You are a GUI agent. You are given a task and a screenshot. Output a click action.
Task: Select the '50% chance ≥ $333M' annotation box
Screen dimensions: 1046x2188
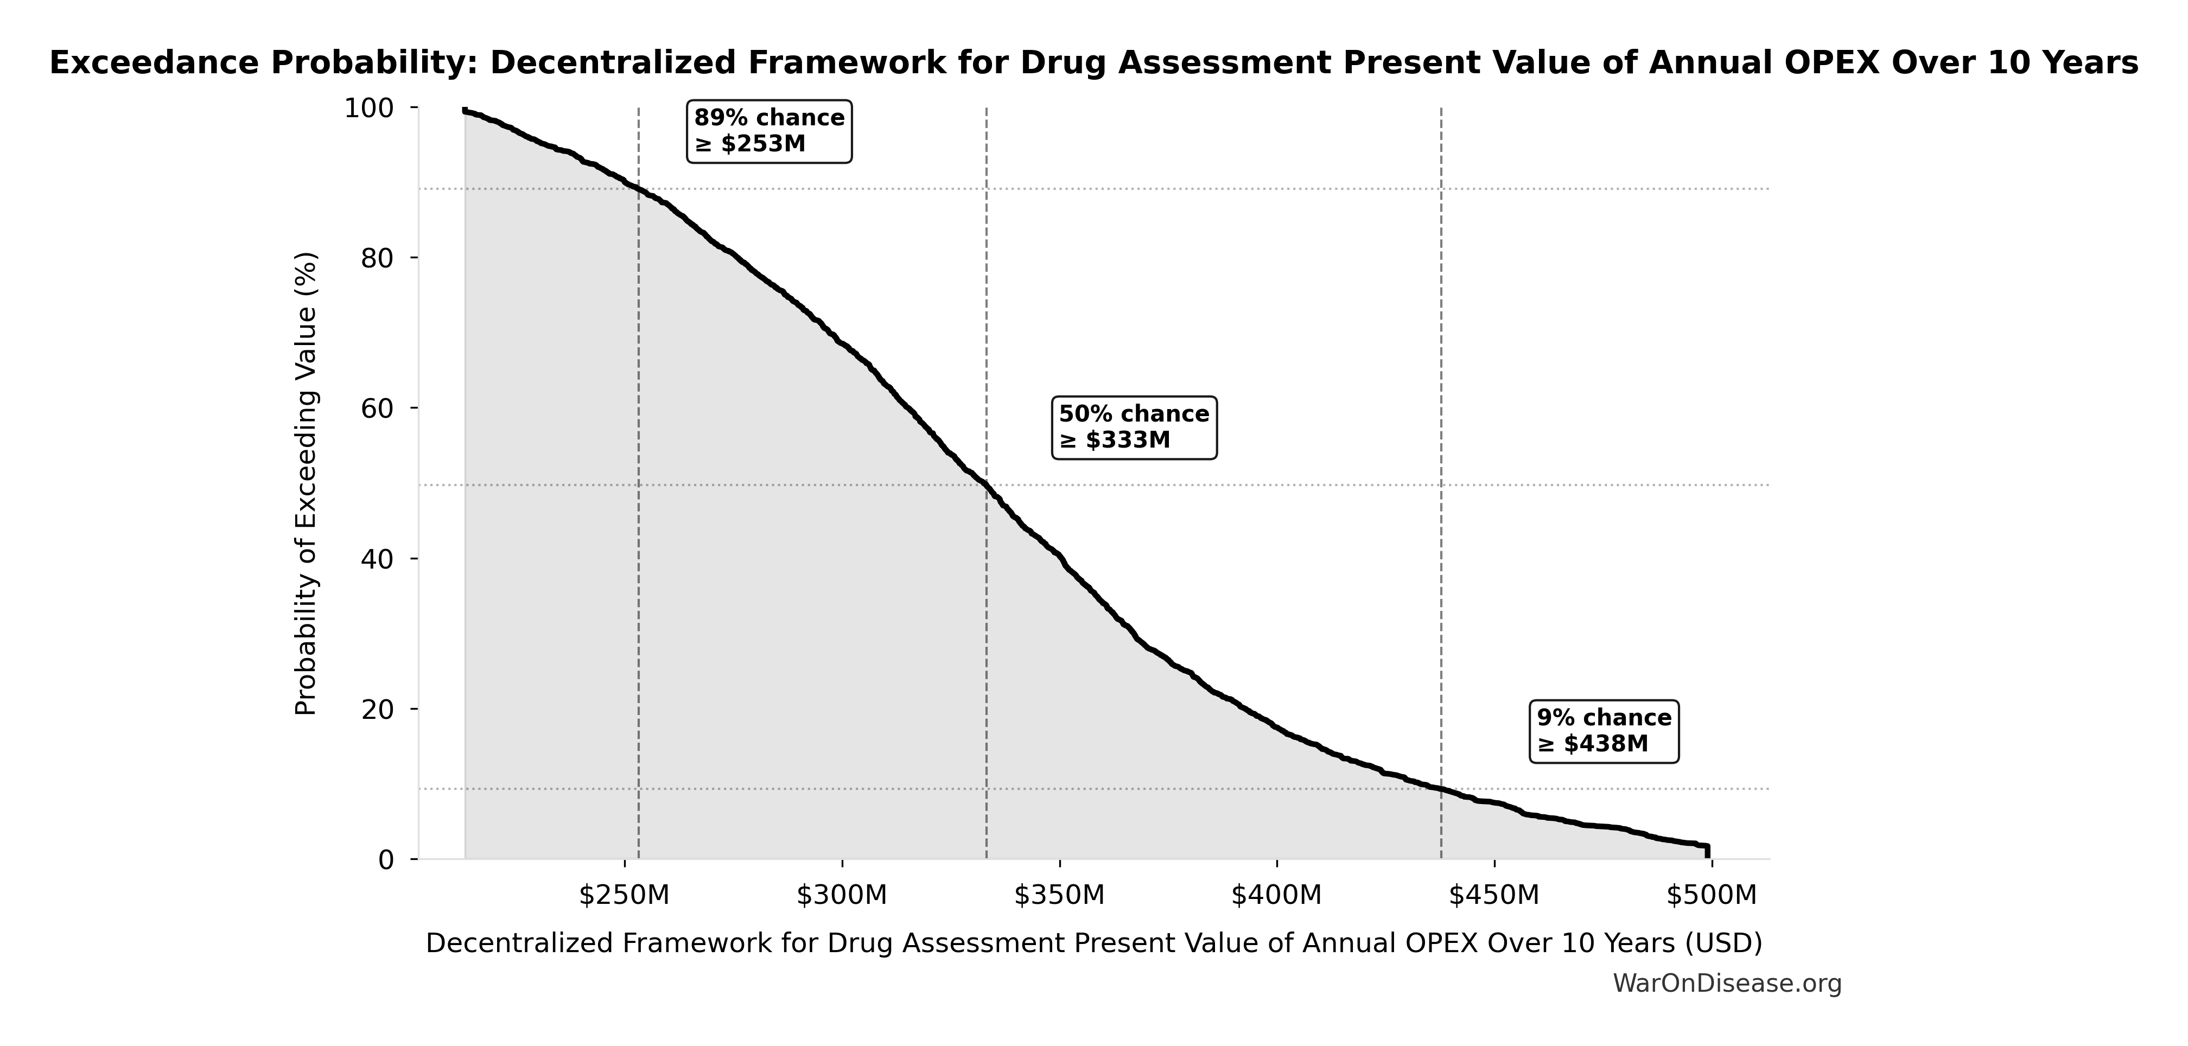(1134, 427)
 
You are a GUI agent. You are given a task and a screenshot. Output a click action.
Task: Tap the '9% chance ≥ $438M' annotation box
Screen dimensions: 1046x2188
(1604, 731)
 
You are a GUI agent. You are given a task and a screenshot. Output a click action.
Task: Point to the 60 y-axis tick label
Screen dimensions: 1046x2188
(378, 409)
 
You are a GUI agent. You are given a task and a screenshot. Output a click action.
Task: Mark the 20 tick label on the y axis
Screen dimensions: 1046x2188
(378, 709)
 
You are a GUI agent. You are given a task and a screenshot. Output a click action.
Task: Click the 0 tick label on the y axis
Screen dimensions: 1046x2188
(386, 860)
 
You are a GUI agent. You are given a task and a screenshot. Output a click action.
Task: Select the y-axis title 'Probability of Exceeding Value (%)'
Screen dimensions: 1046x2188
(306, 484)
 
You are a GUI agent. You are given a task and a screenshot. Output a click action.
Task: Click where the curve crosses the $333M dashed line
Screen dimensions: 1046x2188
(986, 485)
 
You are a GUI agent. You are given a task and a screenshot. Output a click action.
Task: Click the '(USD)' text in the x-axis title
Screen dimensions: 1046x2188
(1712, 943)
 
